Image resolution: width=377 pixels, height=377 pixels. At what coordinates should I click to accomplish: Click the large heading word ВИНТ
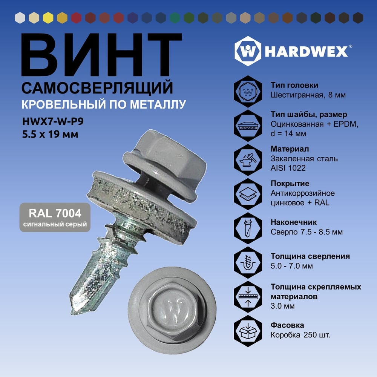point(101,55)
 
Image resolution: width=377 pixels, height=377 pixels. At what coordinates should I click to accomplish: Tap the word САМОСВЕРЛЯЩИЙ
point(97,88)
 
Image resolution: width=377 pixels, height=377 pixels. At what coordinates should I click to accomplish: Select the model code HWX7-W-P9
point(53,121)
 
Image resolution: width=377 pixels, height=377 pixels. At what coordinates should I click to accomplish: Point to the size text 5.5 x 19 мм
point(50,134)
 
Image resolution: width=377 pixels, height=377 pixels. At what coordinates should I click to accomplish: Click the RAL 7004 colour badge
point(55,218)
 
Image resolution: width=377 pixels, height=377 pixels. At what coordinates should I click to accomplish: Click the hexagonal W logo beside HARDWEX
point(248,51)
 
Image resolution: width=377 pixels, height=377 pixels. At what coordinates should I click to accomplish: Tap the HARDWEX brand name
point(307,51)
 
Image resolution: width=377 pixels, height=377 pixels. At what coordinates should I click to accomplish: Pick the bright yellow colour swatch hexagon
point(48,18)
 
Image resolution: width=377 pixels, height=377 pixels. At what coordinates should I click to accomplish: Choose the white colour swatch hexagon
point(20,18)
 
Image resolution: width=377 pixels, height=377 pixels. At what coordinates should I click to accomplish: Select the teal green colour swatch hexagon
point(175,18)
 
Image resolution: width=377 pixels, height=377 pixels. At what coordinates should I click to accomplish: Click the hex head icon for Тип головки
point(248,91)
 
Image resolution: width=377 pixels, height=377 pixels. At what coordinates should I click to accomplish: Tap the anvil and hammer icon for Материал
point(248,160)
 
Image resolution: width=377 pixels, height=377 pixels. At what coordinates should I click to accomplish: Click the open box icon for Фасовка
point(248,331)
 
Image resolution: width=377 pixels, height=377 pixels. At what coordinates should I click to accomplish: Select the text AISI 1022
point(288,168)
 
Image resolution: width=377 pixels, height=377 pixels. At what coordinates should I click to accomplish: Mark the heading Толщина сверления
point(310,256)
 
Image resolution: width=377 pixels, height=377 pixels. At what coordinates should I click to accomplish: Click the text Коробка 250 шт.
point(300,335)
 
